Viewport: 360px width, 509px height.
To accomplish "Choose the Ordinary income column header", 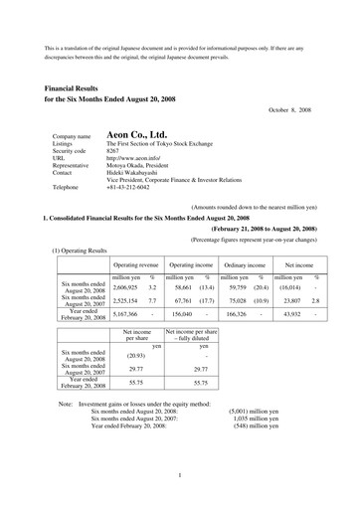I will click(244, 239).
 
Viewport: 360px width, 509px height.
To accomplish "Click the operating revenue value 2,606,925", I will click(126, 258).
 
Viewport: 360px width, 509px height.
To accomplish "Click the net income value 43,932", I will click(289, 285).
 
